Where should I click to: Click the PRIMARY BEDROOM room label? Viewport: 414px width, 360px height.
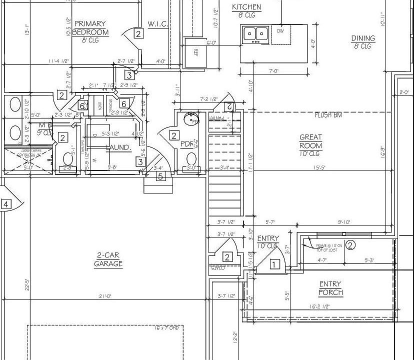click(x=90, y=28)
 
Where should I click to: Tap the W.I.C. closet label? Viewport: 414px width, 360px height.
click(x=157, y=24)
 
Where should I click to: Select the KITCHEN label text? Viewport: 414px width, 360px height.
click(x=246, y=7)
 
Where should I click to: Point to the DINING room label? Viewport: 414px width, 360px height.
click(x=363, y=38)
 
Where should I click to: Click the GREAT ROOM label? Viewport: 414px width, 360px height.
click(x=310, y=141)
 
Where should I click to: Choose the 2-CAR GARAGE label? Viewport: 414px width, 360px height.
click(x=108, y=259)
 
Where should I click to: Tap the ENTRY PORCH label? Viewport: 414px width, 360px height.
click(x=331, y=288)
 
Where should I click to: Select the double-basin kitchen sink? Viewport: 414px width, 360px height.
click(x=255, y=34)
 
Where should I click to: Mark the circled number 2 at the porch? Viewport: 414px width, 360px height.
click(x=350, y=245)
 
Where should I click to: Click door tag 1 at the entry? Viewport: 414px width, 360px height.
click(x=274, y=264)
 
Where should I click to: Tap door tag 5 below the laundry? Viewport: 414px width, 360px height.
click(x=160, y=176)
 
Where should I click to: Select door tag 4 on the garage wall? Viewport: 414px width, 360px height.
click(x=6, y=204)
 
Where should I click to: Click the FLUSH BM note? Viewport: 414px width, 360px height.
click(x=328, y=115)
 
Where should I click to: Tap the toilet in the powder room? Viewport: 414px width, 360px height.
click(x=191, y=159)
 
